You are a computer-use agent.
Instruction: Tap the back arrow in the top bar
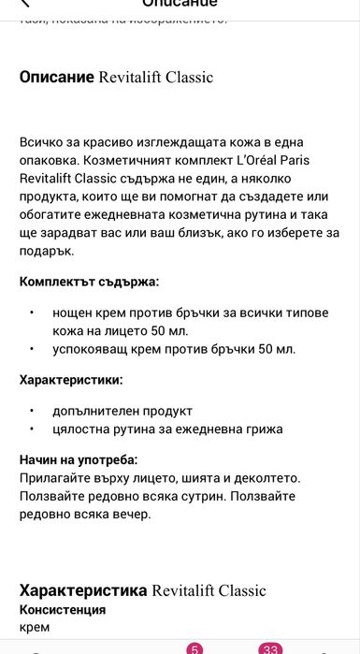click(25, 4)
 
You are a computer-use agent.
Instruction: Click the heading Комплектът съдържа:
click(89, 281)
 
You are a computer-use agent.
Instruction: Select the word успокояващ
click(95, 349)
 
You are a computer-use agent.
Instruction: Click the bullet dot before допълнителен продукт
click(31, 412)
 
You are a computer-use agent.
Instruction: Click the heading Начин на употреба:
click(79, 459)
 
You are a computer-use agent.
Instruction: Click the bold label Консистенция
click(63, 609)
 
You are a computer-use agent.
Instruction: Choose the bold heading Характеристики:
click(71, 380)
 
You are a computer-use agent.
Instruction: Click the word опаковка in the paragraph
click(50, 159)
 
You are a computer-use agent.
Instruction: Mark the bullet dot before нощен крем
click(31, 312)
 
